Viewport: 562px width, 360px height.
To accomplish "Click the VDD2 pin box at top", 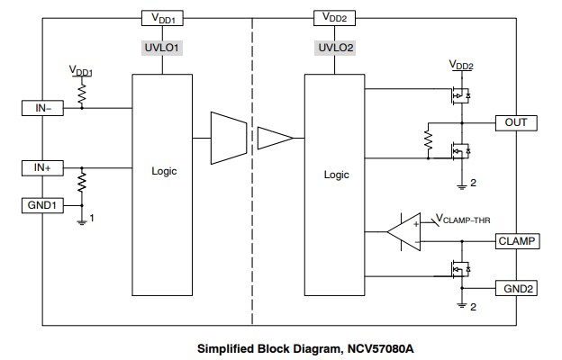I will [334, 17].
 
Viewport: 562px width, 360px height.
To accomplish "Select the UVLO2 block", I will [334, 47].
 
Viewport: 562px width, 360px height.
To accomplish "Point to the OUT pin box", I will [515, 121].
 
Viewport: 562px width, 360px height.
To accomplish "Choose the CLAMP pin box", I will [517, 240].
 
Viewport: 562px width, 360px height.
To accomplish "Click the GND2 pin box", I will [517, 288].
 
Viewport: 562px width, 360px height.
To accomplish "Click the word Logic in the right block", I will [336, 175].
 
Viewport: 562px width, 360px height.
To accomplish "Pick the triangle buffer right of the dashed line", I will [274, 138].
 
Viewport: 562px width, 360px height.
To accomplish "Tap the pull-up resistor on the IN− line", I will [82, 93].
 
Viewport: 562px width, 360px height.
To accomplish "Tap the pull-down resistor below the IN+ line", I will [82, 184].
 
